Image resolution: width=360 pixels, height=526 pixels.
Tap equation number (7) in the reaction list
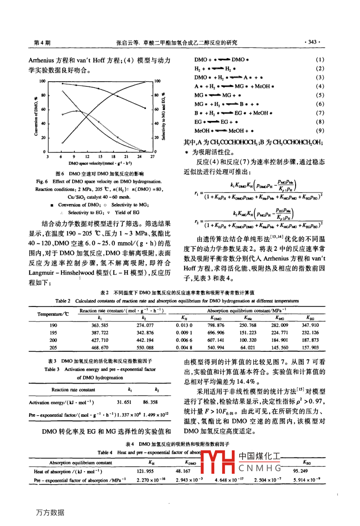320,113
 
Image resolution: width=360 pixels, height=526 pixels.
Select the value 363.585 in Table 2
100,325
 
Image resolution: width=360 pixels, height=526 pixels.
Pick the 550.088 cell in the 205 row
145,347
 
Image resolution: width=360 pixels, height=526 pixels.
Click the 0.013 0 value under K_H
184,325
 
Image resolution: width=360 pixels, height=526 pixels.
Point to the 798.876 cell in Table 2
216,325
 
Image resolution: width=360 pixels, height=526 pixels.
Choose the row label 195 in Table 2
53,333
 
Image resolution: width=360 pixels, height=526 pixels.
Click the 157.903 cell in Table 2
310,347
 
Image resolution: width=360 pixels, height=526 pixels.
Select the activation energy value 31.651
124,402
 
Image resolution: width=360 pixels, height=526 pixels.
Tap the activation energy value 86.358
150,402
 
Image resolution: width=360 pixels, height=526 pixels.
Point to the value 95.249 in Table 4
301,471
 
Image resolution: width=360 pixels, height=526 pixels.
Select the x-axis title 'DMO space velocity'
100,163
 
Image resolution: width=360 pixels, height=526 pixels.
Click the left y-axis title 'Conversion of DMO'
36,116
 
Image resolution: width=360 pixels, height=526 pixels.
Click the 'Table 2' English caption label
63,301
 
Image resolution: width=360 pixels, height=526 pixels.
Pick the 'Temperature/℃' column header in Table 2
53,314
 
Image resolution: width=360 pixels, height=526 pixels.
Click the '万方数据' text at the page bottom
50,512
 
